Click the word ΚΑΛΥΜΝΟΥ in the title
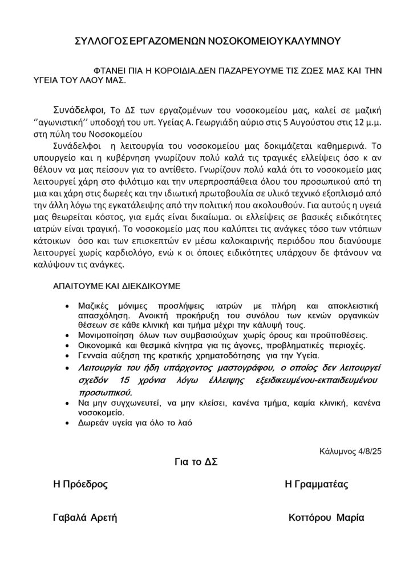[311, 41]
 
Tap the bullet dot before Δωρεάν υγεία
[69, 424]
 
